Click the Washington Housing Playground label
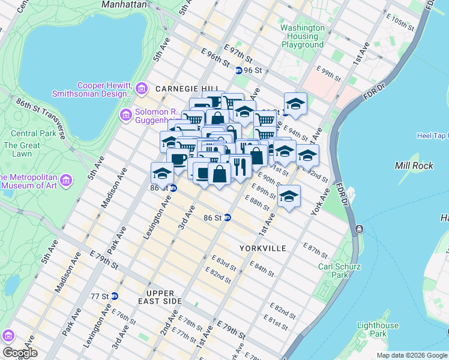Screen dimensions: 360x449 coord(303,36)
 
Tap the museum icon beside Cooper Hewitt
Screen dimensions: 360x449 coord(142,89)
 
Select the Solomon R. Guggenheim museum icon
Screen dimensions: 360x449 coord(126,114)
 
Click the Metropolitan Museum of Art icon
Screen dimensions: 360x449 coord(66,180)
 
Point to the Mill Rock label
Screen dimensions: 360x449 coord(410,165)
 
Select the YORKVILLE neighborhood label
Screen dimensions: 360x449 coord(262,248)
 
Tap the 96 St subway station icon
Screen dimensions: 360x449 coord(238,70)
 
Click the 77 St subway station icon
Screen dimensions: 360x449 coord(115,296)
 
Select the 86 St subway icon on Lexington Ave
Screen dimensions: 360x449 coord(173,188)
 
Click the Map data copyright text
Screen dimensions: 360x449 coord(411,355)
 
